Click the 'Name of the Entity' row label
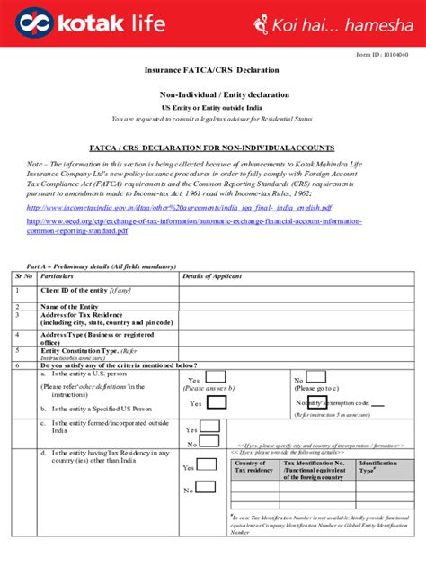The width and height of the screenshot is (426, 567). [x=69, y=307]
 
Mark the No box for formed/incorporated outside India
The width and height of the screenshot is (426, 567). [x=209, y=442]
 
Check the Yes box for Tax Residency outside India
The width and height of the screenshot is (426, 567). [x=206, y=465]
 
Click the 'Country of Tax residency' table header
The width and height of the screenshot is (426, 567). [x=254, y=466]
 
